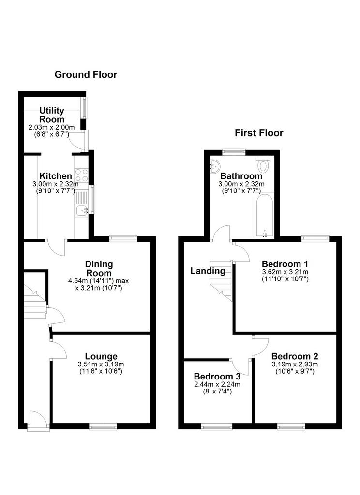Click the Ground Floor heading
(x=86, y=74)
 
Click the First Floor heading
(x=259, y=133)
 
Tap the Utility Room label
(x=52, y=115)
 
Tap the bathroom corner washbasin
(x=215, y=165)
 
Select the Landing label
(x=208, y=271)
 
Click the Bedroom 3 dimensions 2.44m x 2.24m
(x=217, y=384)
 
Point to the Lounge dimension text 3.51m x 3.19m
(x=101, y=364)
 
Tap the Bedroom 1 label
(x=285, y=263)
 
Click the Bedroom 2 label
(x=295, y=356)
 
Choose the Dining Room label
(x=99, y=268)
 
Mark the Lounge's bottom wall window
(x=103, y=427)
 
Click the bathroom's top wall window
(x=234, y=152)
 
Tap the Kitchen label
(x=56, y=176)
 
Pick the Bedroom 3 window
(x=217, y=427)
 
